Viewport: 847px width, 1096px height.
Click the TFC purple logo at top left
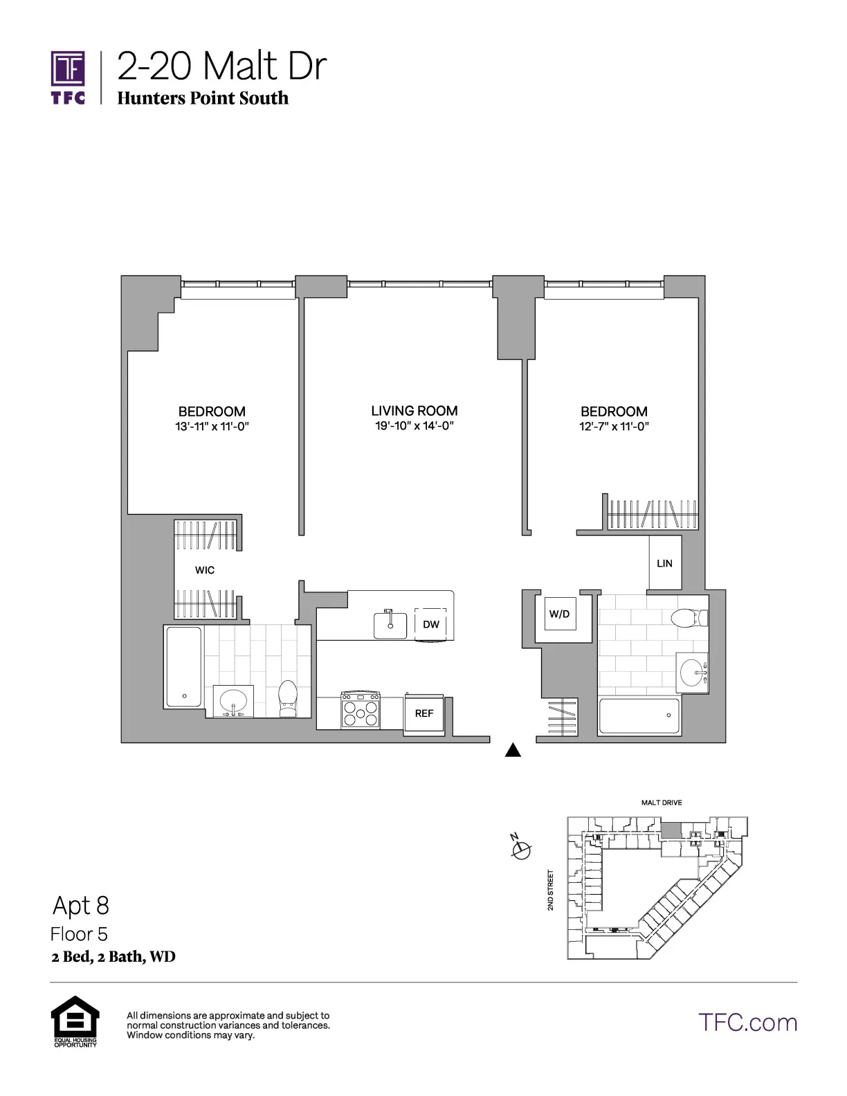[68, 77]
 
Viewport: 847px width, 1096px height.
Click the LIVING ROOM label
[414, 410]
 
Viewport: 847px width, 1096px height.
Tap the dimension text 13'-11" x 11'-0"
[212, 427]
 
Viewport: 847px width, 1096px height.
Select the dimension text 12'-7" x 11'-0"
[614, 427]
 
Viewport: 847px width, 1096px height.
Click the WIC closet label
[205, 570]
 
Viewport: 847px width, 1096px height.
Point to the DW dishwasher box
[430, 624]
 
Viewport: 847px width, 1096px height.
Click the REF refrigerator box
[423, 713]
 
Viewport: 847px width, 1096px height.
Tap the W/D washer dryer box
[559, 614]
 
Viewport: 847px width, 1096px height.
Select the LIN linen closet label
[664, 563]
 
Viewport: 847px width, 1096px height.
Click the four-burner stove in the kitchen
[361, 710]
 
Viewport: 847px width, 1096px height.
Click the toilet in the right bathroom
[689, 617]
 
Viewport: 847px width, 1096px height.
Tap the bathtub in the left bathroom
[184, 666]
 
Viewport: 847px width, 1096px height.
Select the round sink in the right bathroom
[692, 671]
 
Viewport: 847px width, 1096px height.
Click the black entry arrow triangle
[513, 750]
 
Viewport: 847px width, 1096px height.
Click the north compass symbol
[521, 849]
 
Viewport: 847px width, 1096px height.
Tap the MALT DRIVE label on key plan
[661, 803]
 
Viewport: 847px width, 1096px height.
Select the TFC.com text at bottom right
[747, 1022]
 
